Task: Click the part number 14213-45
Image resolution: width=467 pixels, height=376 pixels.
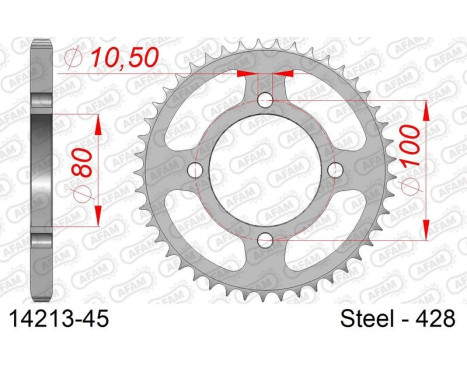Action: [59, 319]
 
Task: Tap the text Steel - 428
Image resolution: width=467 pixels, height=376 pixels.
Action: [398, 319]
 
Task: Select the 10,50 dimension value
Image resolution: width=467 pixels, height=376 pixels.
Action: [125, 57]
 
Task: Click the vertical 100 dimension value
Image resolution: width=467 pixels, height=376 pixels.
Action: [410, 146]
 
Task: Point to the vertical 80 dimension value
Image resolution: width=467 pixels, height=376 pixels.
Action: [81, 162]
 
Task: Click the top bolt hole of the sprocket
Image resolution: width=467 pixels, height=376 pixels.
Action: [265, 100]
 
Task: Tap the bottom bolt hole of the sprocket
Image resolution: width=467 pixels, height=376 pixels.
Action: [265, 240]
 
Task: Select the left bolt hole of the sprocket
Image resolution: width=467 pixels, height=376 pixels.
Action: [195, 170]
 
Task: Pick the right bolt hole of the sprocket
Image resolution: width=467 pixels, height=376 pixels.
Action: [335, 170]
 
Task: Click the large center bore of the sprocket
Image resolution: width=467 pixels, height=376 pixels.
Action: [265, 170]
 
